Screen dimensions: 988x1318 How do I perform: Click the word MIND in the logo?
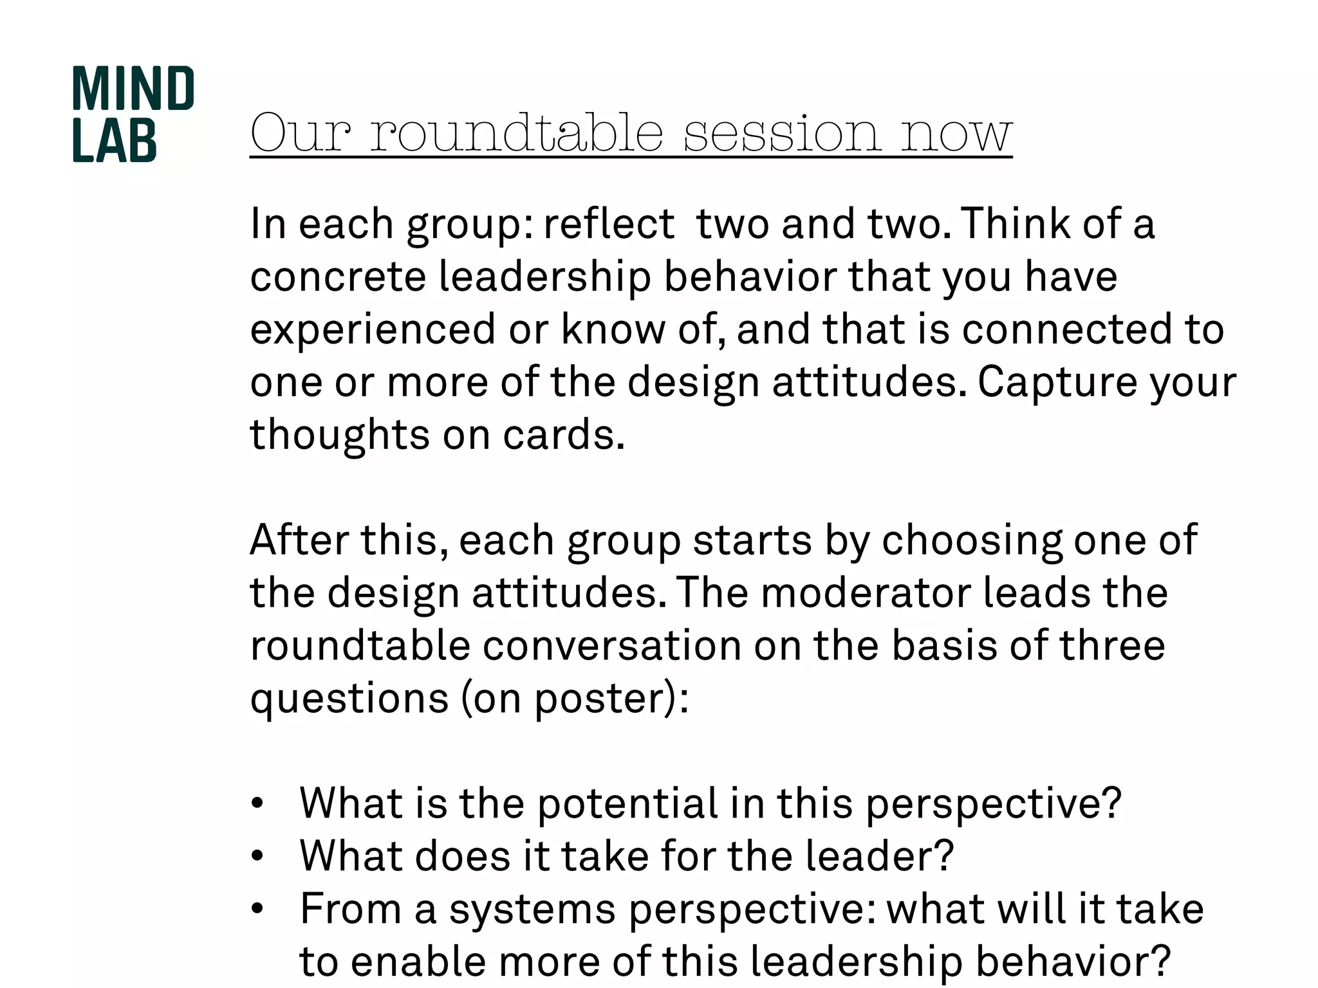[133, 89]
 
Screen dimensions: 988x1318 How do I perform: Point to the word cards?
[563, 435]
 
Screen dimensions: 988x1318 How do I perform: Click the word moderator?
[866, 592]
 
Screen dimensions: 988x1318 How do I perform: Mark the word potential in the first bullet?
[627, 804]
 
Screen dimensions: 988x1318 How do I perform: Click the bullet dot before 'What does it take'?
[257, 856]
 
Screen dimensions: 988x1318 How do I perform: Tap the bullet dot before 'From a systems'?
[257, 909]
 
